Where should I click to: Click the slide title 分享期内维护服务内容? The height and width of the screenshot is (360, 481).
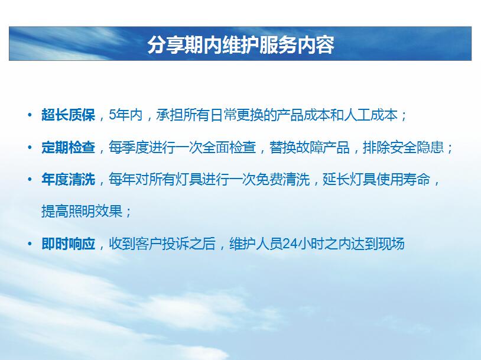click(241, 45)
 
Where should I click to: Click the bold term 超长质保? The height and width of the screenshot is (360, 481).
click(68, 115)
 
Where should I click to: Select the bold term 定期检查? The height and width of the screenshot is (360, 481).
click(68, 147)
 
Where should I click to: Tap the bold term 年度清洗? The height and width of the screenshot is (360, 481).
click(68, 180)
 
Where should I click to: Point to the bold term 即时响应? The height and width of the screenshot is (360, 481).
click(68, 244)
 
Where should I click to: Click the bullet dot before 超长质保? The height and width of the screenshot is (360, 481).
click(30, 115)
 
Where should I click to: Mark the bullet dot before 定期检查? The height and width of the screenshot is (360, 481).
click(30, 148)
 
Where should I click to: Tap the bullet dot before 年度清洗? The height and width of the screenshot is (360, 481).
click(30, 180)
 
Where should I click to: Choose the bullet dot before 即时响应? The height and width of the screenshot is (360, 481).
click(30, 244)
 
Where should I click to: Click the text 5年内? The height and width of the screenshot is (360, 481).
click(126, 115)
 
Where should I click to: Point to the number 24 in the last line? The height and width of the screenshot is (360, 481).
click(290, 244)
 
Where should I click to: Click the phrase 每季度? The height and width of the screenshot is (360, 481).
click(129, 147)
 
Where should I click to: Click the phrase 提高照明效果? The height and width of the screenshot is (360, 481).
click(82, 211)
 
